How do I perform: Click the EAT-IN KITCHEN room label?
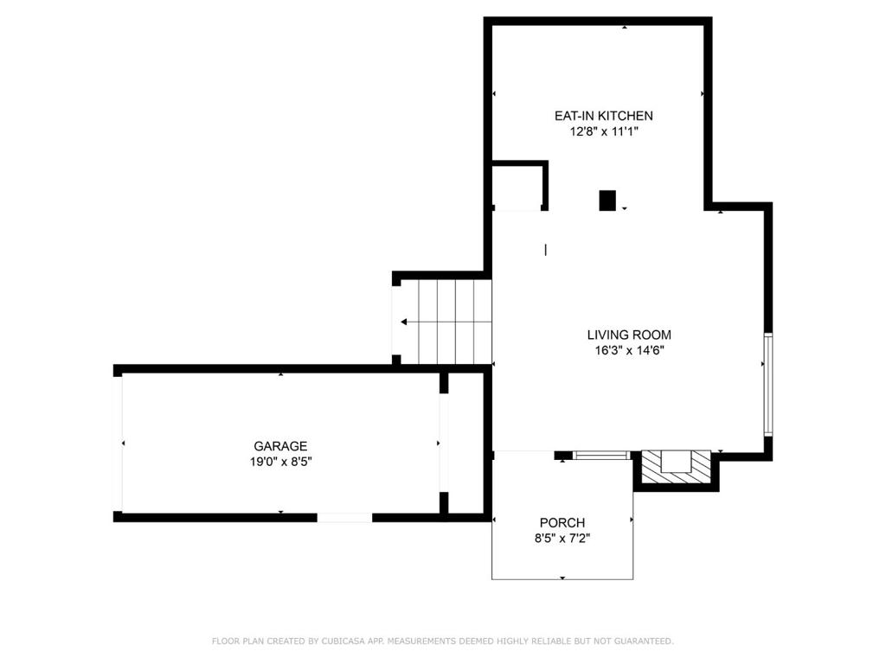pos(603,116)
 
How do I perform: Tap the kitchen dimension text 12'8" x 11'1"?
pos(603,132)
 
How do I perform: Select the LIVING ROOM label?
pos(629,335)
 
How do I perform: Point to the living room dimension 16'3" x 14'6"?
pos(629,351)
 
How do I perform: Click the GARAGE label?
pos(280,446)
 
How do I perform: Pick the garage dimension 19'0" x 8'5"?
pos(280,462)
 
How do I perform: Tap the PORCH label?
pos(562,523)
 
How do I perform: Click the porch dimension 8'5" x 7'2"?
pos(562,539)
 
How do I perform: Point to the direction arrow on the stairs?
pos(406,322)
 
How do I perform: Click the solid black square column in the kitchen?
pos(607,201)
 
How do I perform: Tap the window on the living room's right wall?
pos(767,383)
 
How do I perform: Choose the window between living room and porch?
pos(601,455)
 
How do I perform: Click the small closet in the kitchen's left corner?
pos(517,186)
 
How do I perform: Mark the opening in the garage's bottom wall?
pos(344,517)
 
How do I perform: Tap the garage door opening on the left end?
pos(119,444)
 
